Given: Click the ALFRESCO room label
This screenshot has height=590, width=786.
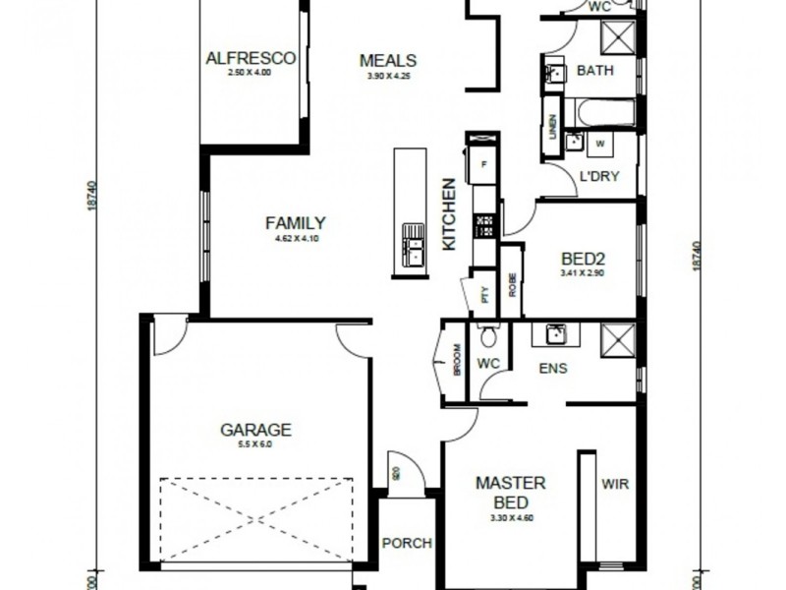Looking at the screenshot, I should (250, 59).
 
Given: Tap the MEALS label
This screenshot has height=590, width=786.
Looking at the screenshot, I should (387, 60).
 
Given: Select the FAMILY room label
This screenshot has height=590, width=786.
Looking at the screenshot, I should (295, 223).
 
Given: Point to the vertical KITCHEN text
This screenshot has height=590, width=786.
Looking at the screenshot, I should (449, 213).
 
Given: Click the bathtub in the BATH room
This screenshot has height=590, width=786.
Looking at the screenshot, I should (604, 112).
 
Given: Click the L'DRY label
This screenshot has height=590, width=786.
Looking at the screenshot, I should (598, 178).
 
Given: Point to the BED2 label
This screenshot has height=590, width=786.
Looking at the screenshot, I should (581, 260).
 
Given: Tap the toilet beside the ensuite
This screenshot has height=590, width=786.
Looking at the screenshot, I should (488, 340).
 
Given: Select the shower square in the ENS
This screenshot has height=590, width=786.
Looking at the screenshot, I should (617, 337).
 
